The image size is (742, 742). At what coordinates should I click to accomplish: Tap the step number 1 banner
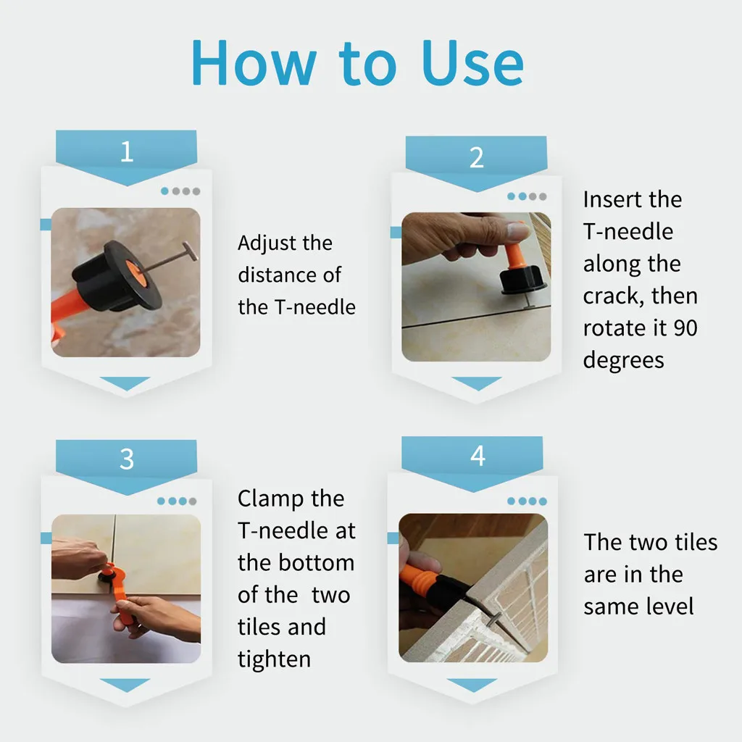127,152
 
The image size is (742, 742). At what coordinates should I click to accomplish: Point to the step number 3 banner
127,459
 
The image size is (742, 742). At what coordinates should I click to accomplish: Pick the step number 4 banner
477,456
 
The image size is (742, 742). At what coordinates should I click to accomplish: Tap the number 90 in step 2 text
685,328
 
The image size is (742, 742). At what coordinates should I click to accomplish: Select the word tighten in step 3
274,659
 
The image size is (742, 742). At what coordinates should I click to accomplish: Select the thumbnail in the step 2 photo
517,232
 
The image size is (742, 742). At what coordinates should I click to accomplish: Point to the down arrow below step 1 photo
125,383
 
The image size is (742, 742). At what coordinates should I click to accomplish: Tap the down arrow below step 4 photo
472,685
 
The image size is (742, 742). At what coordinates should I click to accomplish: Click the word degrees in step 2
623,360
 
